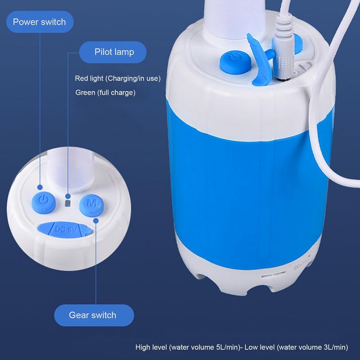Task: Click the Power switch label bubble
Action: [x=39, y=22]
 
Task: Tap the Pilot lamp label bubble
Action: [x=114, y=52]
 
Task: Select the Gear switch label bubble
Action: [x=93, y=315]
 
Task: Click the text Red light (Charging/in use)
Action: [x=117, y=78]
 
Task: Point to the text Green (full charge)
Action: [x=105, y=93]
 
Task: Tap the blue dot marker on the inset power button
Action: [x=40, y=187]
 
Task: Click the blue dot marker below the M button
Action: [x=96, y=220]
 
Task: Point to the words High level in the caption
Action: [x=152, y=347]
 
